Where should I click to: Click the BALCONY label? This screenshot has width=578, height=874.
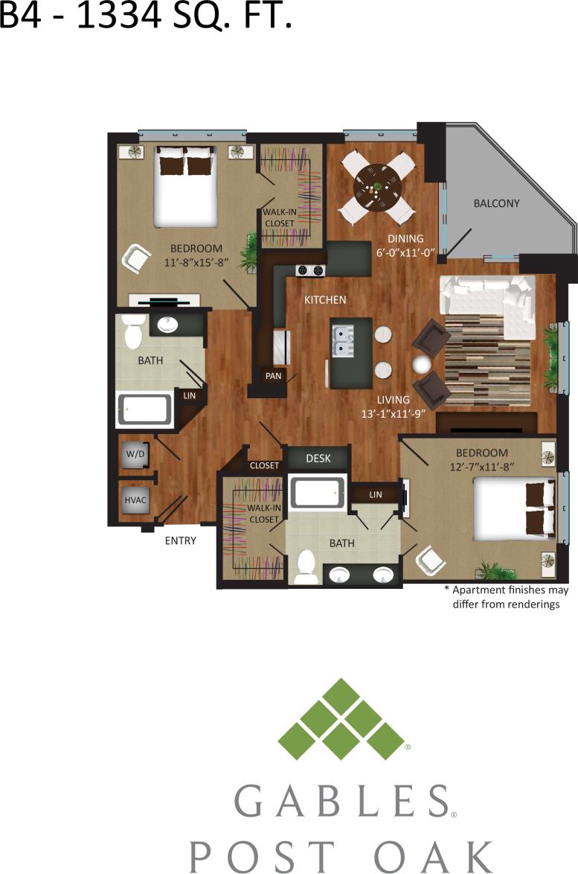tap(497, 203)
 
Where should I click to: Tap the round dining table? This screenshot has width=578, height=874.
tap(373, 184)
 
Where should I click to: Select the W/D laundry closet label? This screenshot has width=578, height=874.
tap(135, 454)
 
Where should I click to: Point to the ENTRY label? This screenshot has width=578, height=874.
tap(180, 540)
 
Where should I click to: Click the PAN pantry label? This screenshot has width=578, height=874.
tap(273, 376)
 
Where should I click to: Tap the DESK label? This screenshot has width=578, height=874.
tap(318, 459)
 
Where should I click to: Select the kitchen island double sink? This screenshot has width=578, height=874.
tap(343, 341)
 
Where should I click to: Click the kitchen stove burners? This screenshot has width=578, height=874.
tap(311, 271)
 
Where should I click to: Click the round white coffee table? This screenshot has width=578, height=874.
tap(423, 364)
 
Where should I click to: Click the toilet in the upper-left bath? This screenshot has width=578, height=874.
tap(133, 332)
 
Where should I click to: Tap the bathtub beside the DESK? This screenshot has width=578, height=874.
tap(318, 492)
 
